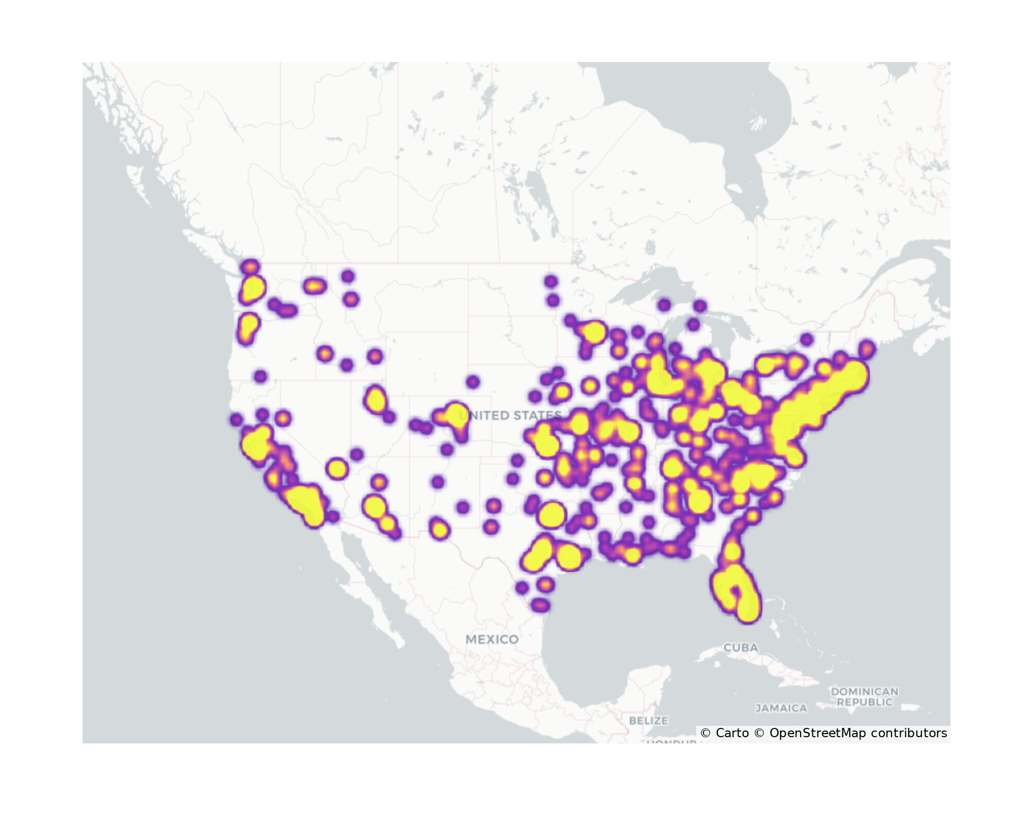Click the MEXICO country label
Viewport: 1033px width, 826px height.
click(x=492, y=639)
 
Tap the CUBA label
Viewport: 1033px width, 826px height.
click(x=741, y=647)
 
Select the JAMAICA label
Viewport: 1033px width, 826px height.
click(x=781, y=708)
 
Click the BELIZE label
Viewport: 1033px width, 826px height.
click(x=649, y=720)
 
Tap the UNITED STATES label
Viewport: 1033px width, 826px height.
click(x=510, y=415)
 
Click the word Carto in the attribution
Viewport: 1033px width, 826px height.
click(x=732, y=733)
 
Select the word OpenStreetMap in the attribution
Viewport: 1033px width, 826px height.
click(x=817, y=733)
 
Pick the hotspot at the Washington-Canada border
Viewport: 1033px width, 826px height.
click(x=251, y=267)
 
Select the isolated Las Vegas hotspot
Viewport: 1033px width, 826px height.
click(x=337, y=469)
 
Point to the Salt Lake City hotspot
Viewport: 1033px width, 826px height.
click(x=375, y=400)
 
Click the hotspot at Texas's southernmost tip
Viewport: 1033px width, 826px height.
click(x=540, y=605)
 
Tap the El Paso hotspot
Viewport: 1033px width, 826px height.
click(x=439, y=530)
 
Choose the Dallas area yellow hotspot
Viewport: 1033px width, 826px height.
click(x=551, y=515)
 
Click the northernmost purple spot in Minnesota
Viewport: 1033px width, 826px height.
click(x=551, y=281)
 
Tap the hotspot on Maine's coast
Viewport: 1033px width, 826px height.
click(x=867, y=349)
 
